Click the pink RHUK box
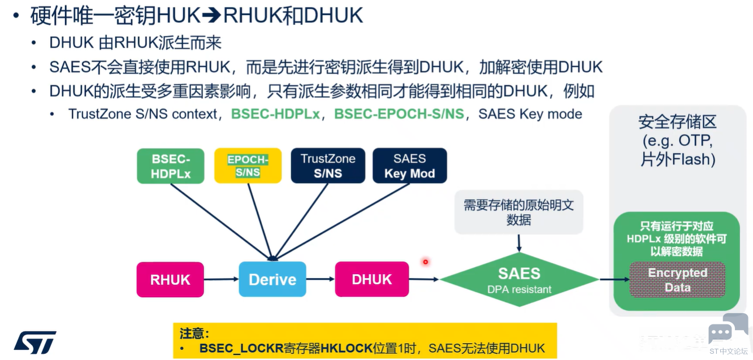tap(170, 279)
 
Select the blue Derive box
tap(272, 279)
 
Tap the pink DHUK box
tap(372, 279)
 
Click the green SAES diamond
tap(519, 279)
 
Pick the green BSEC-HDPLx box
tap(170, 166)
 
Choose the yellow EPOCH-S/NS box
tap(248, 166)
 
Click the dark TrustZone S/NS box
tap(328, 166)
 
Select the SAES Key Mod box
tap(409, 166)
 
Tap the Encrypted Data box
tap(677, 280)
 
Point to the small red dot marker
tap(426, 262)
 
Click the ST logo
tap(35, 342)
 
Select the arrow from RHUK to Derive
tap(221, 279)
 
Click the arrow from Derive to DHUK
tap(321, 279)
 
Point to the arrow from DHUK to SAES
tap(424, 279)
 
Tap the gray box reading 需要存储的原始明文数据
tap(519, 212)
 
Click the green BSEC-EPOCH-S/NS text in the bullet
tap(399, 114)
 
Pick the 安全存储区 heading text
tap(677, 122)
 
